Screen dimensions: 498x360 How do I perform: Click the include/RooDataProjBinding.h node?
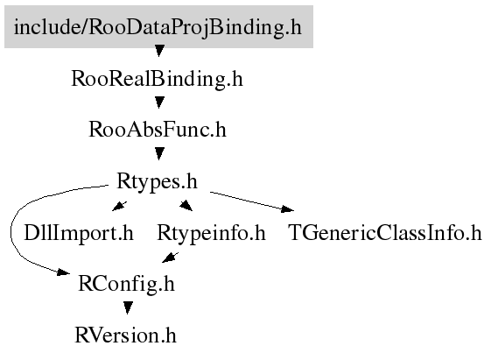(x=158, y=26)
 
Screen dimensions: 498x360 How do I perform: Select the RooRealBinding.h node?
(x=158, y=79)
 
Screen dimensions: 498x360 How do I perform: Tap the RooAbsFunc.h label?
(x=158, y=130)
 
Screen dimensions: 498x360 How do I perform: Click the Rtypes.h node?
(x=158, y=181)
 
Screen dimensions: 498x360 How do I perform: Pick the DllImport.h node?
(x=79, y=233)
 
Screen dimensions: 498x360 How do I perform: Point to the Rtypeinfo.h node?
(x=211, y=233)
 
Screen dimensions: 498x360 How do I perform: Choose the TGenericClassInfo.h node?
(x=385, y=233)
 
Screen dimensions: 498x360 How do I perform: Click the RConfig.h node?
(x=126, y=284)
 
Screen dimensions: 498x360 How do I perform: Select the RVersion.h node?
(x=125, y=335)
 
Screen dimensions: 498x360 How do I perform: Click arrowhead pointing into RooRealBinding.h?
(x=159, y=51)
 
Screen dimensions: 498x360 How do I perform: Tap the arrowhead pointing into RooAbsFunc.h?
(x=159, y=102)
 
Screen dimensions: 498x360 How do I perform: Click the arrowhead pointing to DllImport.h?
(x=119, y=206)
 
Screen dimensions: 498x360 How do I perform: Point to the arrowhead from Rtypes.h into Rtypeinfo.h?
(x=186, y=206)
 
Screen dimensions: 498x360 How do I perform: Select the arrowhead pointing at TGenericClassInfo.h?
(x=287, y=208)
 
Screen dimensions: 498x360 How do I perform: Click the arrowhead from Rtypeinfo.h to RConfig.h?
(x=170, y=258)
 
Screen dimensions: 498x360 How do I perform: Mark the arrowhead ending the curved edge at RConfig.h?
(x=63, y=272)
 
